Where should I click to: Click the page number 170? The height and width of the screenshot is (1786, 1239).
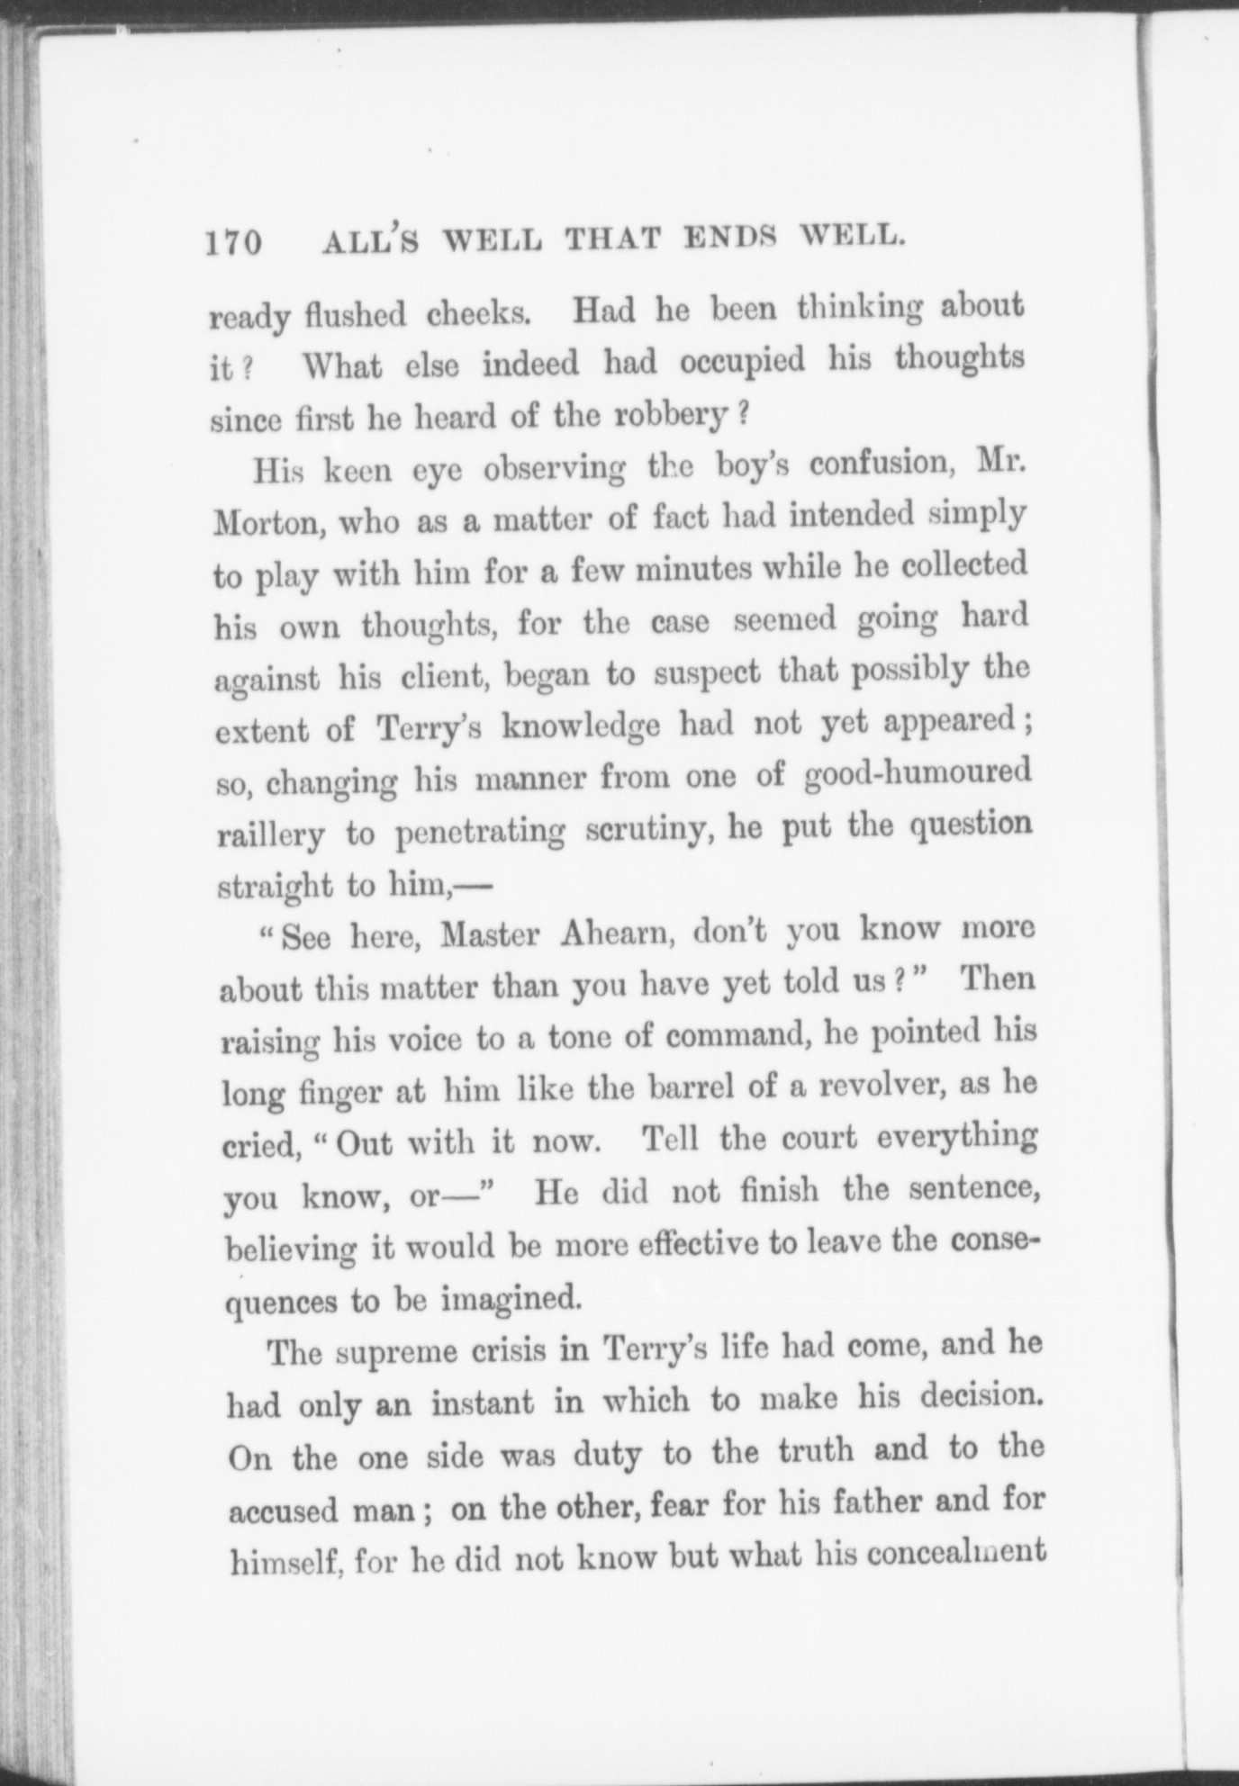coord(232,243)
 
